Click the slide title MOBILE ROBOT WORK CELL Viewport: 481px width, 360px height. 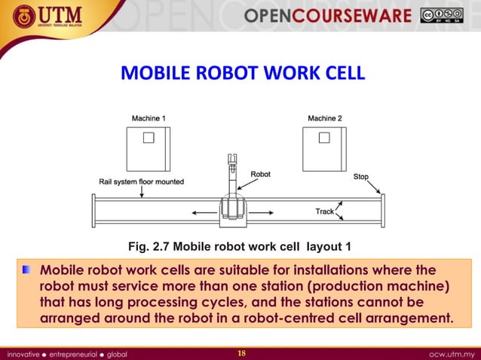(x=243, y=75)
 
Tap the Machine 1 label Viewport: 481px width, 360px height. (x=149, y=118)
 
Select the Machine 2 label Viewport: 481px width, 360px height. (x=325, y=118)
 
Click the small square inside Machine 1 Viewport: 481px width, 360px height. (x=149, y=137)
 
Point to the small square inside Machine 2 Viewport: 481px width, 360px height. (x=324, y=137)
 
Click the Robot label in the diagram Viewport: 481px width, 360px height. (x=261, y=174)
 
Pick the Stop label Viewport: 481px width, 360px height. (x=361, y=177)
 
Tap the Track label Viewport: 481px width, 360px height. (x=325, y=212)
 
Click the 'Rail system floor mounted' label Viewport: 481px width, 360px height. (x=141, y=182)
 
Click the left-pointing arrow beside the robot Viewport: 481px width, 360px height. (x=202, y=213)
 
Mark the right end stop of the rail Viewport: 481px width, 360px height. (x=383, y=211)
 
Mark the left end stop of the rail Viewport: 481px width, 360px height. (x=93, y=211)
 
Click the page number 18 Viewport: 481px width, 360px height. (x=241, y=353)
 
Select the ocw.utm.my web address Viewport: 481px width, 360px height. (x=450, y=353)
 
